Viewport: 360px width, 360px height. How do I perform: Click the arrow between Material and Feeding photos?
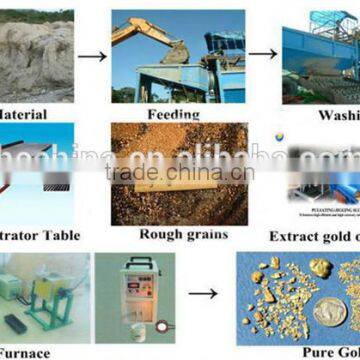[91, 56]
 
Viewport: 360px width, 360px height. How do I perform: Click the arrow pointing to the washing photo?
[264, 56]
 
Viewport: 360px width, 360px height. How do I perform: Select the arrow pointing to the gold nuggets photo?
[204, 295]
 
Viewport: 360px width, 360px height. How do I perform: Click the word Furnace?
[26, 352]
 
